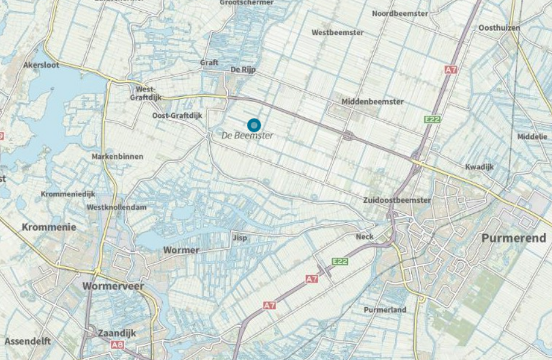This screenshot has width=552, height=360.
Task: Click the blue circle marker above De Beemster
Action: pyautogui.click(x=254, y=125)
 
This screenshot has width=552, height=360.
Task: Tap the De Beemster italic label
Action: pyautogui.click(x=247, y=135)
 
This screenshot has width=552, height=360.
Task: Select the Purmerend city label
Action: pyautogui.click(x=513, y=238)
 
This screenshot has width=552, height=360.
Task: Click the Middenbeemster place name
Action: pyautogui.click(x=373, y=101)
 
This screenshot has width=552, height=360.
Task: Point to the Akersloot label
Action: pyautogui.click(x=41, y=65)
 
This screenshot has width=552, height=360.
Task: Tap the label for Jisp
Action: pyautogui.click(x=240, y=238)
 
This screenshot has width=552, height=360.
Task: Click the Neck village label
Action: pyautogui.click(x=364, y=237)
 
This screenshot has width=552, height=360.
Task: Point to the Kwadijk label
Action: pyautogui.click(x=480, y=167)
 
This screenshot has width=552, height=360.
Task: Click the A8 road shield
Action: pyautogui.click(x=117, y=345)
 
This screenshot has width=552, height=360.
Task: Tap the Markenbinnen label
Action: pyautogui.click(x=117, y=157)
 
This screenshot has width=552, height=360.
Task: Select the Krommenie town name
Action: pyautogui.click(x=49, y=227)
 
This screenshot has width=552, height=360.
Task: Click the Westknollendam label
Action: pyautogui.click(x=117, y=208)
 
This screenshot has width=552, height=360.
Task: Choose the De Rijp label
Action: pyautogui.click(x=243, y=70)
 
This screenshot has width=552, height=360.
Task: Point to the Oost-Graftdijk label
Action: pyautogui.click(x=176, y=116)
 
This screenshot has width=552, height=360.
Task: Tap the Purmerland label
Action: pyautogui.click(x=385, y=310)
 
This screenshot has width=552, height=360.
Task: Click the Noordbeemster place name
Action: pyautogui.click(x=401, y=13)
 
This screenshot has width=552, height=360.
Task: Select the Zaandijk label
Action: pyautogui.click(x=117, y=332)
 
